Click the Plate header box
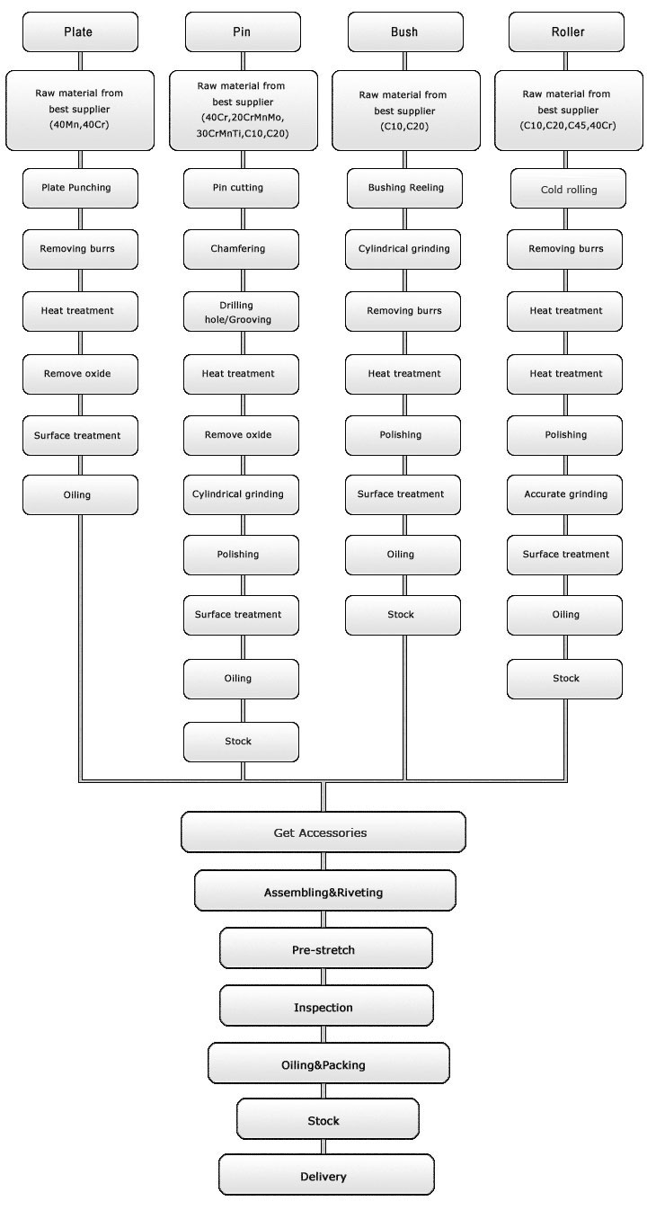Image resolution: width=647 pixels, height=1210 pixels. tap(80, 32)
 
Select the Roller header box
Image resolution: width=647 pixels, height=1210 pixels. tap(565, 32)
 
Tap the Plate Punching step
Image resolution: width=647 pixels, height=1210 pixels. tap(80, 188)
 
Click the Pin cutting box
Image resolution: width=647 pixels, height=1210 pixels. tap(241, 188)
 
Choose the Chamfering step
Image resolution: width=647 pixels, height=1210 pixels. tap(241, 249)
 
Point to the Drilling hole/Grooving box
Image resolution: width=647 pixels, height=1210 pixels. tap(241, 311)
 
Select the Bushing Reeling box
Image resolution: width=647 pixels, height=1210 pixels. tap(403, 188)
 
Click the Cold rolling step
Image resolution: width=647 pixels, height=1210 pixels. tap(565, 190)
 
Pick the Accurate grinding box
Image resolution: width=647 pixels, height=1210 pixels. tap(565, 494)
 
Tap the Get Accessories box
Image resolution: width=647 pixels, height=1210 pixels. tap(323, 832)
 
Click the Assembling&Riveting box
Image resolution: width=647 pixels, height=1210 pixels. tap(324, 892)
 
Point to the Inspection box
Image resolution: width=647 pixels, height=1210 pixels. tap(325, 1007)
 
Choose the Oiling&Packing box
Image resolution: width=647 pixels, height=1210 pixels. tap(328, 1064)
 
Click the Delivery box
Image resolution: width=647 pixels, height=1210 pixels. tap(325, 1176)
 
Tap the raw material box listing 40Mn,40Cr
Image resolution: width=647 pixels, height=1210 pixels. tap(80, 110)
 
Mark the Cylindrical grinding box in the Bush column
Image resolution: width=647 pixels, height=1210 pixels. tap(403, 249)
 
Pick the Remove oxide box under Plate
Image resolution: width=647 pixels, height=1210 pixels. tap(80, 373)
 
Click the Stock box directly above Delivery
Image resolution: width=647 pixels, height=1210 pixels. tap(327, 1120)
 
